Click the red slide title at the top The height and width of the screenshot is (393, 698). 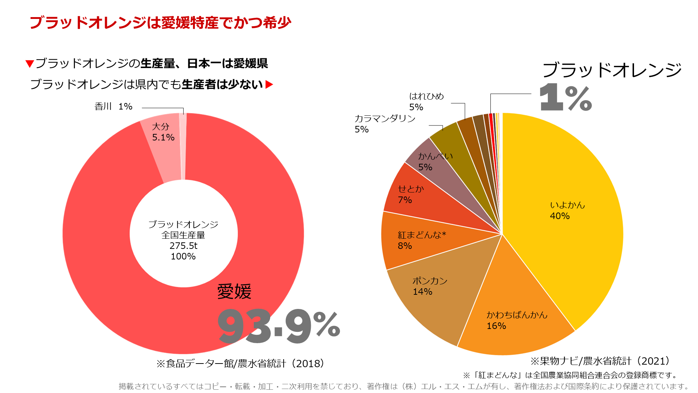pos(160,23)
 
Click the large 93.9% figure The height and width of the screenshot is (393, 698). pos(278,326)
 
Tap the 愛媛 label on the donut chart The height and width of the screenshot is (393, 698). pos(234,292)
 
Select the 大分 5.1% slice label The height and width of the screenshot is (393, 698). pos(163,132)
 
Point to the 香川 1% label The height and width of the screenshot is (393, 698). pos(113,107)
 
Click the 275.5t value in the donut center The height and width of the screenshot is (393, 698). pos(183,246)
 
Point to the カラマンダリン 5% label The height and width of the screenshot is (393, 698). pos(385,124)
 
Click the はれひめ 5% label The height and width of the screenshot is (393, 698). pos(426,102)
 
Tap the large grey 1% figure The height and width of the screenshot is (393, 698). pos(566,97)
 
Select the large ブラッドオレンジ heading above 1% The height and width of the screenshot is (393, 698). pos(612,70)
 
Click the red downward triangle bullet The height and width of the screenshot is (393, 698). pos(29,64)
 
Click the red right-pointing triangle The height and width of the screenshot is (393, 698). pos(269,85)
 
